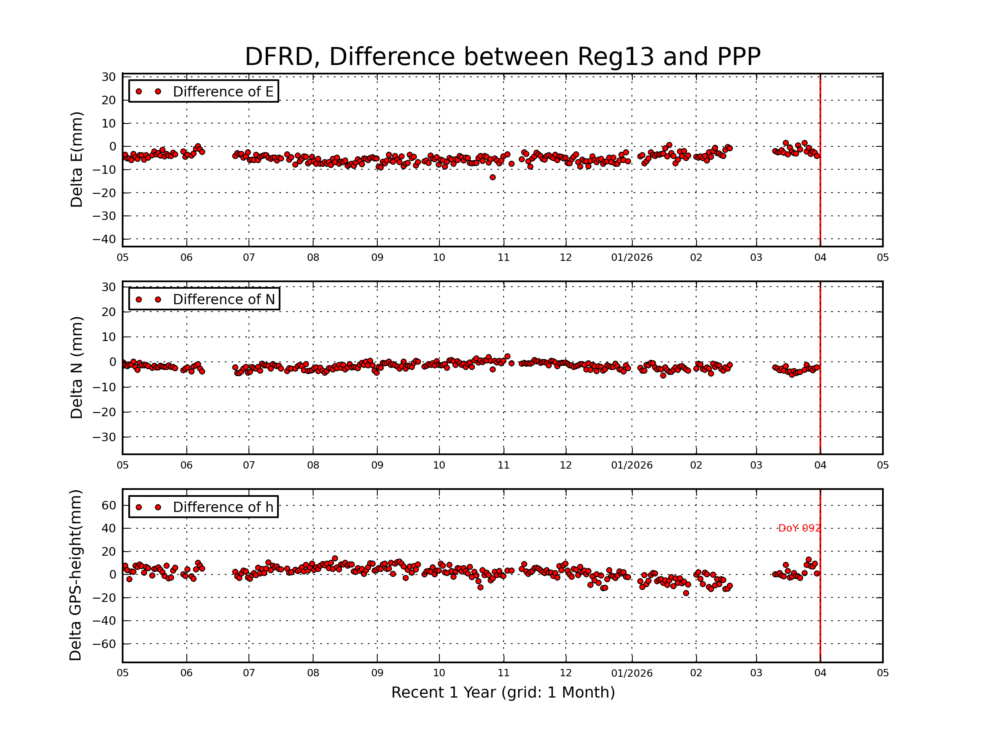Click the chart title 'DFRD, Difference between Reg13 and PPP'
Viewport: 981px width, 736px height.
click(x=502, y=57)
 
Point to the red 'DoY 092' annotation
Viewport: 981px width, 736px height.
click(x=799, y=528)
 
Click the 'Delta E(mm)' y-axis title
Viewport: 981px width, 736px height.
click(x=76, y=159)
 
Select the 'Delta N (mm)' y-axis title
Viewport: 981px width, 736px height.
click(x=76, y=367)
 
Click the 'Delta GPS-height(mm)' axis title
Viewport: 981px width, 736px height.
click(x=75, y=575)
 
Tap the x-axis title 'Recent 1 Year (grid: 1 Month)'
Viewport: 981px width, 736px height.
click(x=502, y=692)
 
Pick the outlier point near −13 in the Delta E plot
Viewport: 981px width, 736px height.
click(x=492, y=177)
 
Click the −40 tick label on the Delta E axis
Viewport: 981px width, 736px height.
click(x=104, y=239)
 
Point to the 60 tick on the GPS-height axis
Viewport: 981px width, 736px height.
click(x=109, y=505)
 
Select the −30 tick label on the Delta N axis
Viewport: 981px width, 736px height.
click(x=104, y=438)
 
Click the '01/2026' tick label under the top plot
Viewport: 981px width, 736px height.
click(x=632, y=258)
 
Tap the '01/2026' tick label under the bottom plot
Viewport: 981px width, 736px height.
click(x=632, y=673)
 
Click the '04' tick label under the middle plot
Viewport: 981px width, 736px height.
click(x=820, y=465)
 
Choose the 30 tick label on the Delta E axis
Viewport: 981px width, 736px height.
click(x=109, y=77)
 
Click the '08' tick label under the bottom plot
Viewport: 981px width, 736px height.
click(x=313, y=673)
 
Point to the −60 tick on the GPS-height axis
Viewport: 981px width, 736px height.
click(x=104, y=644)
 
